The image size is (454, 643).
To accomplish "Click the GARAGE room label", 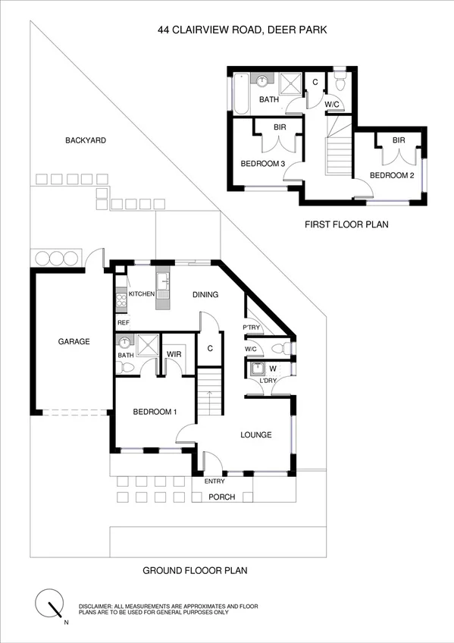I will [74, 341].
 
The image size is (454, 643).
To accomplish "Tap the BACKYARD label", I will [85, 140].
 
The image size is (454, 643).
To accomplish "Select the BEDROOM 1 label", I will [155, 412].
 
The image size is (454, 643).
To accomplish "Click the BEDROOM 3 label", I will [262, 164].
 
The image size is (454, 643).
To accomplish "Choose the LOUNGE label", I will [256, 435].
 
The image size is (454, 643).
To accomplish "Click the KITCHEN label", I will [142, 294].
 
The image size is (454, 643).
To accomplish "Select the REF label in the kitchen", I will [123, 322].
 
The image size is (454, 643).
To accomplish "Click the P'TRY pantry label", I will [252, 328].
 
